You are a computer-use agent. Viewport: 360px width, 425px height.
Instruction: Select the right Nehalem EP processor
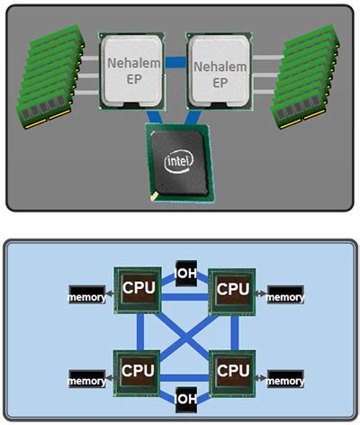pos(221,73)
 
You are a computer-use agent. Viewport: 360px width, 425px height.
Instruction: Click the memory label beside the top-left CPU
pos(87,295)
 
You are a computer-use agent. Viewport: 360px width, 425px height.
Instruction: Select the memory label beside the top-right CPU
pos(284,295)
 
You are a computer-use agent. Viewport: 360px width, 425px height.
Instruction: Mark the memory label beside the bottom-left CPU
pos(87,381)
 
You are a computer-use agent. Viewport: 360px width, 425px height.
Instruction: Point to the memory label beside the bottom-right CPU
pos(284,381)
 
